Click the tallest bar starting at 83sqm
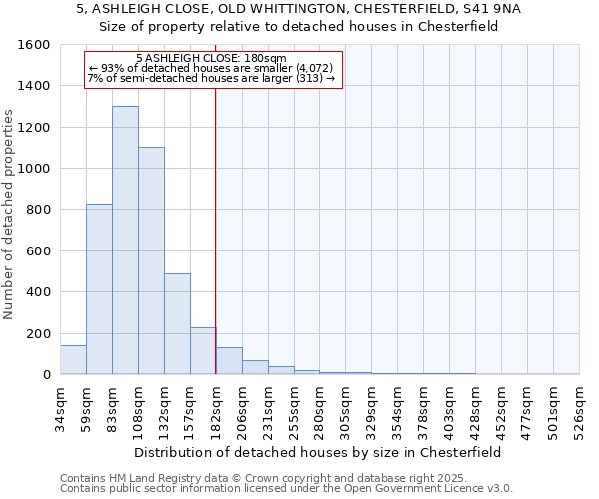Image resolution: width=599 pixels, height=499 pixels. point(125,240)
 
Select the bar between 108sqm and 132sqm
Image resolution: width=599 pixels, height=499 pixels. point(151,260)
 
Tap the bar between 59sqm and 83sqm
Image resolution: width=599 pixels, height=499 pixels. point(99,288)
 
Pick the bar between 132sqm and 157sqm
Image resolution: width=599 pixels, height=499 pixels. point(177,323)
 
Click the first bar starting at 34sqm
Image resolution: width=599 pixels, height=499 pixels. point(73,359)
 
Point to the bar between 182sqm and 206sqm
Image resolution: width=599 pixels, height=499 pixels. point(229,361)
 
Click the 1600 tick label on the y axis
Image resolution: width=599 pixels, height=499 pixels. point(34,45)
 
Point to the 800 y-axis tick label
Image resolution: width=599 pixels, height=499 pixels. point(38,210)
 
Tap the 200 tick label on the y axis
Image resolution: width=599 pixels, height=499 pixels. point(38,333)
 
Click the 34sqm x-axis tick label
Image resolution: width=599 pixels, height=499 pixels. point(60,409)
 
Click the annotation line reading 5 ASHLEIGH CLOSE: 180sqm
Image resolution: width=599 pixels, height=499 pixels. point(211,58)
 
